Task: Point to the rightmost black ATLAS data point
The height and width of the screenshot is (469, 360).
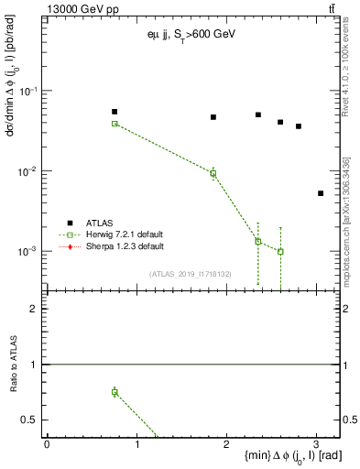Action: coord(321,193)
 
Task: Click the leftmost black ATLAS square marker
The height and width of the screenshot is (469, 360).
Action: coord(115,112)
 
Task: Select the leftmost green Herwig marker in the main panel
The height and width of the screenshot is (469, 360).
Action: coord(115,123)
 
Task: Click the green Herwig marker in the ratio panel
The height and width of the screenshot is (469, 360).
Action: coord(115,392)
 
